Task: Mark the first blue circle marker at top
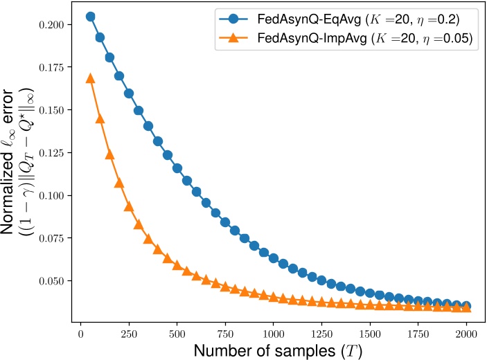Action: point(90,16)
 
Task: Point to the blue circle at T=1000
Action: point(273,259)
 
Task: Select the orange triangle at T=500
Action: point(177,265)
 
